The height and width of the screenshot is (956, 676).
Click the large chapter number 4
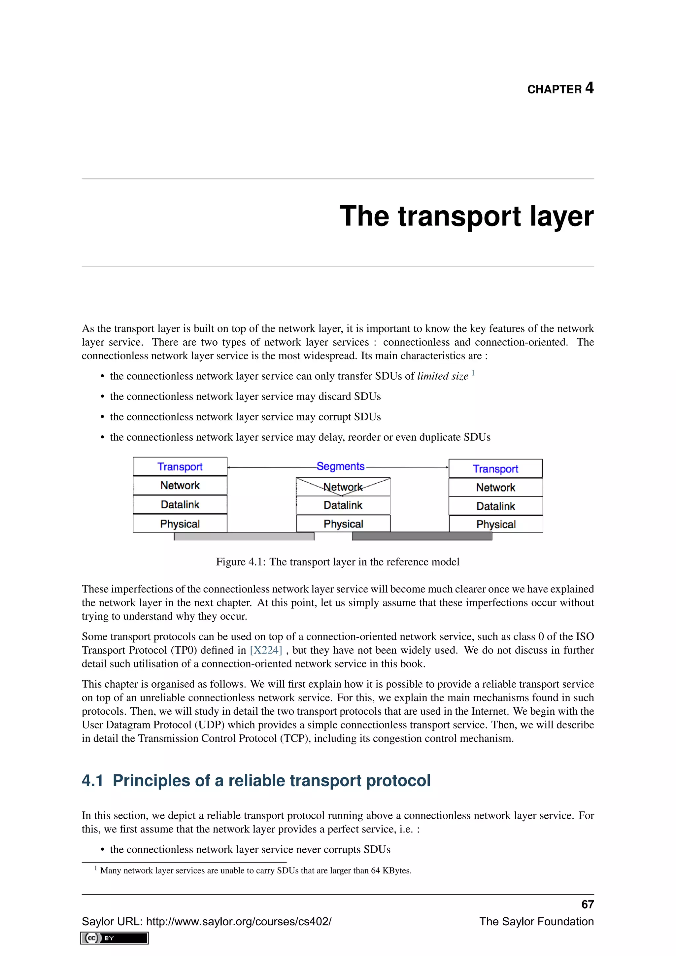click(x=589, y=88)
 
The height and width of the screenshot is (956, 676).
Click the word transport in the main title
click(x=459, y=217)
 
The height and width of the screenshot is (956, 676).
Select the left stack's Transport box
click(x=180, y=466)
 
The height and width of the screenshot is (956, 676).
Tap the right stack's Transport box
click(x=495, y=469)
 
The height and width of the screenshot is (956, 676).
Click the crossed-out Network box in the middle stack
click(x=343, y=487)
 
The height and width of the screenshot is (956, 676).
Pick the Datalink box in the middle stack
click(x=343, y=505)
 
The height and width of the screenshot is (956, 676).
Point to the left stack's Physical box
click(x=180, y=524)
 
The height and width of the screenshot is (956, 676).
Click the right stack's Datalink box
click(x=495, y=506)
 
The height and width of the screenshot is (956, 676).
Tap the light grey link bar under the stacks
click(x=244, y=537)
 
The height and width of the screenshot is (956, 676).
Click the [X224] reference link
click(x=266, y=650)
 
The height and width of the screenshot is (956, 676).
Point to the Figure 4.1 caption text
click(x=338, y=562)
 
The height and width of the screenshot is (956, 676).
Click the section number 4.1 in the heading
click(x=92, y=781)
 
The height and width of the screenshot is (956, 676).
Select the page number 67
click(x=587, y=905)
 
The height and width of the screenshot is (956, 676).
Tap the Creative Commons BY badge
click(x=115, y=938)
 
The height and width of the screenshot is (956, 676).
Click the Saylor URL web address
click(x=239, y=921)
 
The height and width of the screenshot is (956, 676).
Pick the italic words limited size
click(x=443, y=376)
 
